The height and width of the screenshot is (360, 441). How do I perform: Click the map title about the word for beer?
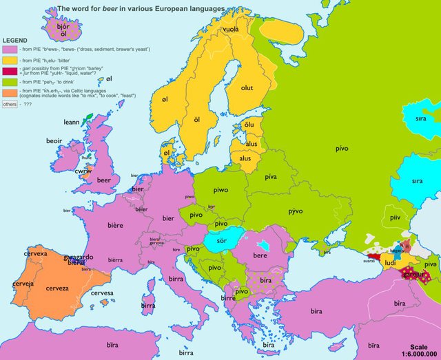click(141, 8)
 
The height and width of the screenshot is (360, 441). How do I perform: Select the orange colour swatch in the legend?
click(10, 92)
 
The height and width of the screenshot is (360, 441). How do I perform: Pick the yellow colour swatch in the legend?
click(10, 61)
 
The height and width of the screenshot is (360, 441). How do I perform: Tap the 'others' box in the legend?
click(10, 105)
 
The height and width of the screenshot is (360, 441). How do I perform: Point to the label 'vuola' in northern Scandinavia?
click(231, 30)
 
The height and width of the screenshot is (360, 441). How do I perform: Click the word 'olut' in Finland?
click(247, 87)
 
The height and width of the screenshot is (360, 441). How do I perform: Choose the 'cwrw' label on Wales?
click(83, 167)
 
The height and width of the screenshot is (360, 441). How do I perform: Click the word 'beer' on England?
click(103, 180)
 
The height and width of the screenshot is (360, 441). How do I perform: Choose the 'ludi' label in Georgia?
click(389, 262)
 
